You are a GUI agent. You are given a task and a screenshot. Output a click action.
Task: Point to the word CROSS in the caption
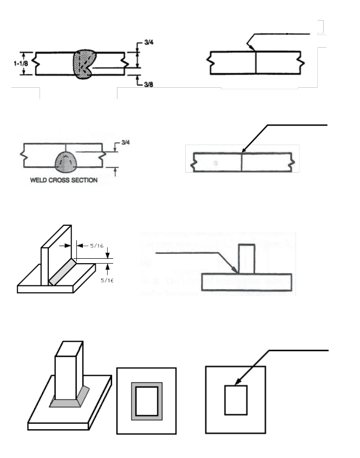(x=54, y=180)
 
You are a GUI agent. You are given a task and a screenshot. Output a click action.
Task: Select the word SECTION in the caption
(x=82, y=180)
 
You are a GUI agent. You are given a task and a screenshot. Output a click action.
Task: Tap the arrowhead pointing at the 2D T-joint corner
(x=235, y=270)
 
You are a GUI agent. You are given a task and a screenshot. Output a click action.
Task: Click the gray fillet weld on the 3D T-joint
(x=63, y=272)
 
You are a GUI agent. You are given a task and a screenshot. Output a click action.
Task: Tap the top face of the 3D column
(x=69, y=346)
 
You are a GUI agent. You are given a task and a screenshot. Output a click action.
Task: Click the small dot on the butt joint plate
(x=216, y=162)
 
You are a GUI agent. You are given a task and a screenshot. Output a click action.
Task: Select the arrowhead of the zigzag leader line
(x=253, y=50)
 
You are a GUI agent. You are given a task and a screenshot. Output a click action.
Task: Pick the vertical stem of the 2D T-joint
(x=246, y=259)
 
